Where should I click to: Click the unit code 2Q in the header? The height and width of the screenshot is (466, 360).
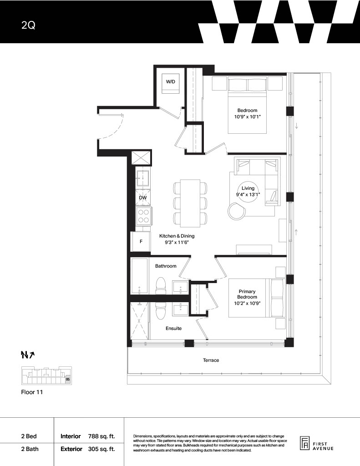tap(28, 25)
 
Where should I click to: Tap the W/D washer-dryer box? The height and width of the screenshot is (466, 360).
tap(171, 84)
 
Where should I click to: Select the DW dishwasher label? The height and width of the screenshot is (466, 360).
tap(143, 198)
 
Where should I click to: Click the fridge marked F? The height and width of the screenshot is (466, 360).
tap(141, 242)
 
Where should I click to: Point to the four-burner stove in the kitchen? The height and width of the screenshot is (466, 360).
tap(143, 216)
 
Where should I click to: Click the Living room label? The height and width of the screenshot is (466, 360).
tap(248, 188)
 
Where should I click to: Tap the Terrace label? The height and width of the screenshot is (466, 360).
tap(211, 360)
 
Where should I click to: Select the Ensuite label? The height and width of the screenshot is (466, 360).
tap(173, 329)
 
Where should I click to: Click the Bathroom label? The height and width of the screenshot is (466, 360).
tap(166, 266)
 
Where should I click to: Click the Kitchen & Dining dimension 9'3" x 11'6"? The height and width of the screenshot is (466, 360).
tap(177, 243)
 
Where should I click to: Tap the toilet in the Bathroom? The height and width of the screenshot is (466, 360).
tap(161, 286)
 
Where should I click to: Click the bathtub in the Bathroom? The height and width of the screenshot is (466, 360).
tap(140, 276)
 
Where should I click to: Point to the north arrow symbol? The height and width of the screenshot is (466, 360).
tap(28, 354)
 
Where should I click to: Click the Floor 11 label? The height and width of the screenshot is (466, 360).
tap(32, 392)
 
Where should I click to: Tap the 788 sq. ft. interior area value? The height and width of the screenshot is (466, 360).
tap(101, 436)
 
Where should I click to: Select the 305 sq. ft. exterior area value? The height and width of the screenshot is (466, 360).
tap(101, 449)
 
